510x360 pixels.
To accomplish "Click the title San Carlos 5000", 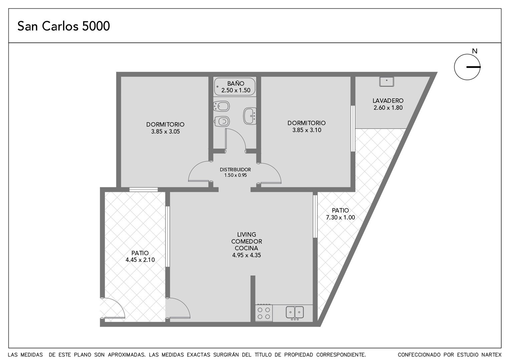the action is click(x=63, y=26).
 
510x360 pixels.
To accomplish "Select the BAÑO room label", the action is click(x=236, y=83).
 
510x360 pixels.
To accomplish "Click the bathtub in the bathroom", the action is click(x=235, y=87).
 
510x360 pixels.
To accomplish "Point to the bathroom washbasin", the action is click(x=250, y=116).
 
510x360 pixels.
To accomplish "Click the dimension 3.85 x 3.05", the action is click(x=166, y=132).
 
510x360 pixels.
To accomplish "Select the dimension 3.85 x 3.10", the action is click(x=307, y=130).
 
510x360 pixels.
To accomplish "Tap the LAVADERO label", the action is click(x=388, y=101).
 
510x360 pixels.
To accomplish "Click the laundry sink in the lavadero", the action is click(x=387, y=82).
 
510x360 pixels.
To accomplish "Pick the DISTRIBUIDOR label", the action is click(x=235, y=170).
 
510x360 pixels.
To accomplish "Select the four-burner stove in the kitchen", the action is click(x=264, y=313).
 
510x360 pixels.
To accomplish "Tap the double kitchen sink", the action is click(x=295, y=312).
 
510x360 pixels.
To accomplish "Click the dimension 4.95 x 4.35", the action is click(x=246, y=255).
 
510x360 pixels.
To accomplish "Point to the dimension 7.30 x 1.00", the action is click(x=340, y=217).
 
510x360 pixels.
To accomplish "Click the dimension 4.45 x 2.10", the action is click(x=140, y=260).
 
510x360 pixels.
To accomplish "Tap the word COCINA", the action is click(x=246, y=248).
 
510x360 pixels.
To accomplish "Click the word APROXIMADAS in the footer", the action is click(x=126, y=355).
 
